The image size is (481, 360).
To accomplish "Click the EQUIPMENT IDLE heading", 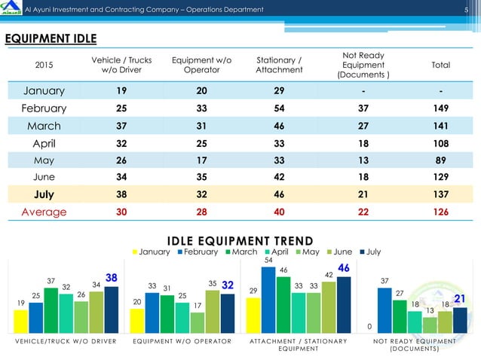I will (x=52, y=39).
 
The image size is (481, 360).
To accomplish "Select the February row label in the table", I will (x=44, y=108).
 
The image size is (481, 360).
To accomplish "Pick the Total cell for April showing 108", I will (x=440, y=142).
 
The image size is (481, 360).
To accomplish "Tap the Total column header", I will (x=440, y=65).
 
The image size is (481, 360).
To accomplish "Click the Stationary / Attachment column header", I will (x=279, y=65).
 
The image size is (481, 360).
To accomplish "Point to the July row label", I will (x=44, y=194).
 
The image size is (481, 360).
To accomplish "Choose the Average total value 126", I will (x=440, y=212).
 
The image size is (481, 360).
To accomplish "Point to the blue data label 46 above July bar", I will (x=343, y=269).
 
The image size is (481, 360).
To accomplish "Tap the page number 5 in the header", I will (x=466, y=9).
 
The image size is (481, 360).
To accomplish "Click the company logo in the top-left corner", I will (x=11, y=8).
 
